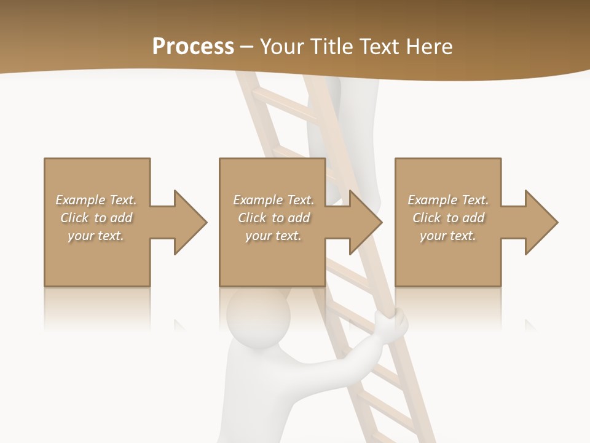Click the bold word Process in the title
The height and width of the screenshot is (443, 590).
coord(193,47)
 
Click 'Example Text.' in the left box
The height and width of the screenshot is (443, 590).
coord(96,200)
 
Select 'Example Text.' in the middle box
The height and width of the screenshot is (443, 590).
coord(273,200)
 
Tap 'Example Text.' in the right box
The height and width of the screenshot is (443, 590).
coord(448,200)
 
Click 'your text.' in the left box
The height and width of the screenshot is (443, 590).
coord(96,236)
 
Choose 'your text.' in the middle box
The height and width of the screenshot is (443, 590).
coord(273,236)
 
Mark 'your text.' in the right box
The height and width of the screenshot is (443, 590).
coord(448,236)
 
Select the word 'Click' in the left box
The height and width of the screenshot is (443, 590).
coord(74,218)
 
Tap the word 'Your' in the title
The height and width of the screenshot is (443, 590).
coord(280,47)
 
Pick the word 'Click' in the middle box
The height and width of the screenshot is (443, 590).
coord(252,218)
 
